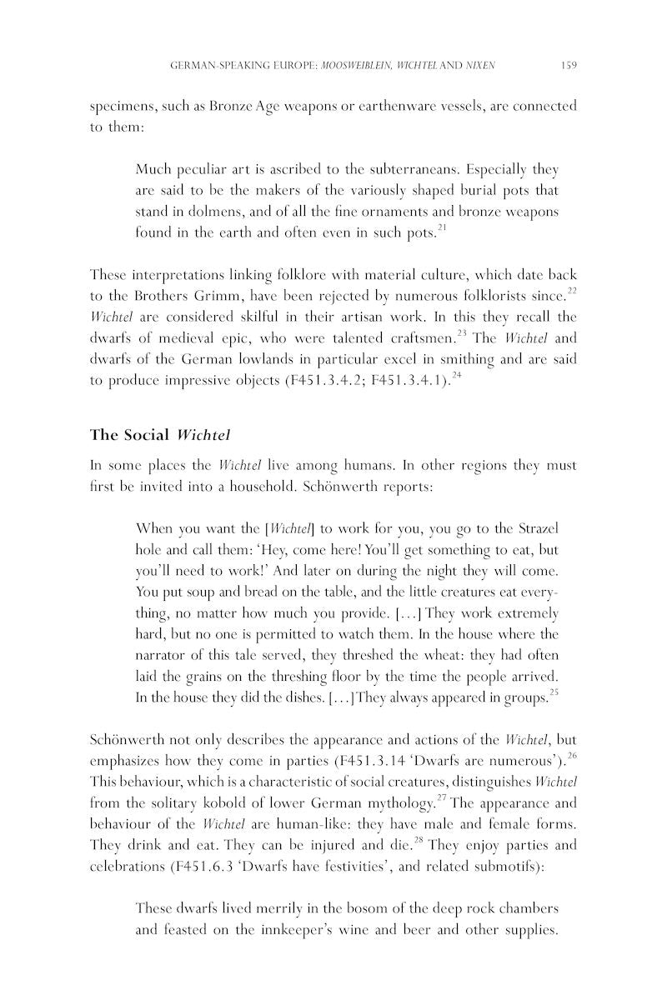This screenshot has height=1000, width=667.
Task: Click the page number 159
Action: tap(569, 64)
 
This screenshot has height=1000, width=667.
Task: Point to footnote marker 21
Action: tap(443, 228)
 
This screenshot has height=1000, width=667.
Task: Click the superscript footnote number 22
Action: tap(572, 290)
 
